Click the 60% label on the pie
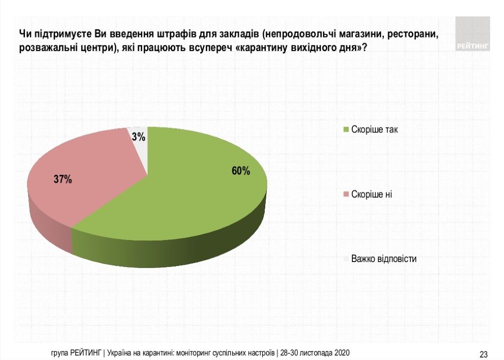point(241,171)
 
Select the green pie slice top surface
point(200,190)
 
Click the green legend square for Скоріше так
point(345,129)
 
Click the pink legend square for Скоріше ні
point(345,194)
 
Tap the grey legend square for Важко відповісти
point(345,259)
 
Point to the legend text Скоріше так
point(375,129)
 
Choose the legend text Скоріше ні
point(372,194)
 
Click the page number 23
point(483,354)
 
